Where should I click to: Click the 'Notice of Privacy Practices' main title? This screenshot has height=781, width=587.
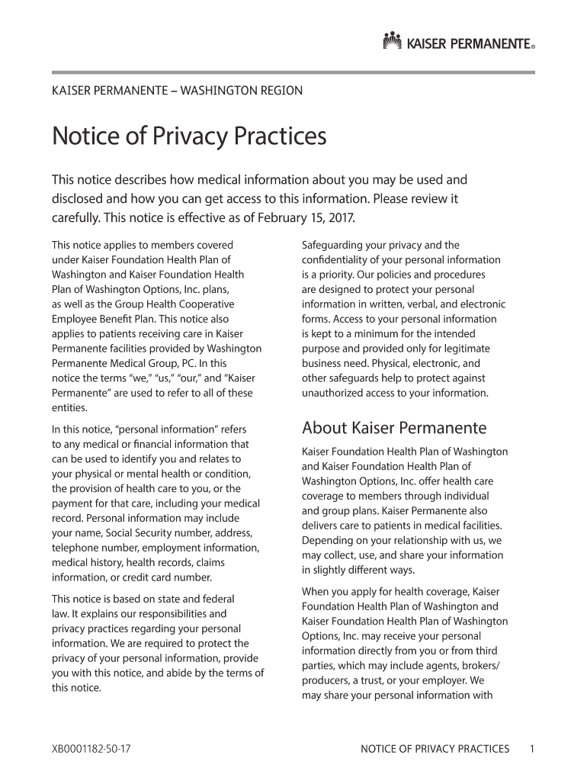pos(188,137)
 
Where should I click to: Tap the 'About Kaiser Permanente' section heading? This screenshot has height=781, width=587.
pos(394,427)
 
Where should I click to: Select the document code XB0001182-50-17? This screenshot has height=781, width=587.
pos(91,749)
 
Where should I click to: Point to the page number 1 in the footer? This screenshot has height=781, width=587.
pos(532,749)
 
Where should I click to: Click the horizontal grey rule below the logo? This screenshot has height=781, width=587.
pos(293,72)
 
